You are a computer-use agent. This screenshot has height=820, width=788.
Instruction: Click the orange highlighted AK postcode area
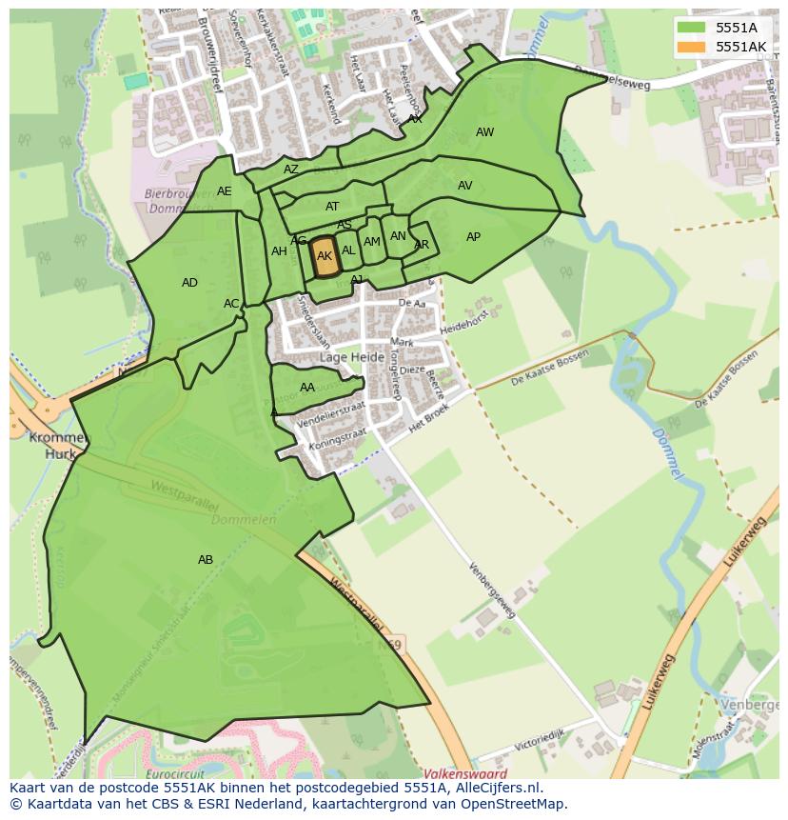pos(325,257)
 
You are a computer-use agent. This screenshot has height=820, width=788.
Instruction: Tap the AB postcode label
pos(206,560)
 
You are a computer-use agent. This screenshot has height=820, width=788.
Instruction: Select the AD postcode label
pos(189,283)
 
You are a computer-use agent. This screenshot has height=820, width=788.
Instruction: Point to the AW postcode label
pos(484,132)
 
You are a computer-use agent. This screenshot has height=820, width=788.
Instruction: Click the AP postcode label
pos(473,237)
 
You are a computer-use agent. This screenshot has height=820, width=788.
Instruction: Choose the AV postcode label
pos(464,186)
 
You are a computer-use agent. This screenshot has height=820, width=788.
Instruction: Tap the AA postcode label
pos(307,388)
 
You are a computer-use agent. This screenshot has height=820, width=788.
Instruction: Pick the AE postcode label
pos(224,191)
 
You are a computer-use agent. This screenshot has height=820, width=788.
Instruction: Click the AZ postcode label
pos(291,170)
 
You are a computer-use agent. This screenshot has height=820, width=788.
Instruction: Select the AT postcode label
pos(332,207)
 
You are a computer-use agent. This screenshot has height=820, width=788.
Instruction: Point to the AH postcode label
pos(279,251)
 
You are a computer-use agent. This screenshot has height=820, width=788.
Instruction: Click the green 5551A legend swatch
pos(692,28)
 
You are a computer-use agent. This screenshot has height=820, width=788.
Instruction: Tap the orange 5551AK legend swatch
pos(692,47)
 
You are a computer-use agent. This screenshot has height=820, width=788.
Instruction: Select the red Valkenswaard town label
pos(465,774)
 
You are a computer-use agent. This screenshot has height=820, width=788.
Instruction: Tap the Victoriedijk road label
pos(541,738)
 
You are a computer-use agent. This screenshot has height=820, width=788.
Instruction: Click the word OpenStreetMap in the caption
pos(516,804)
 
